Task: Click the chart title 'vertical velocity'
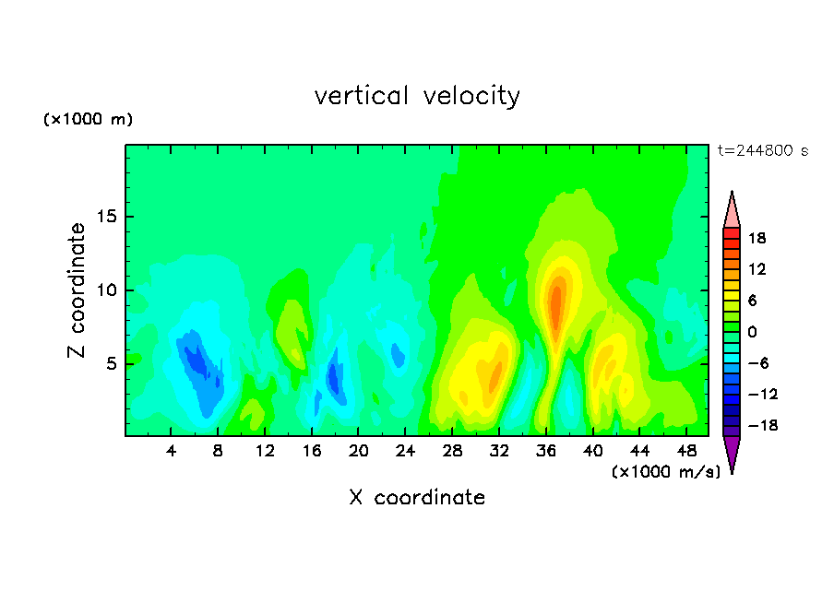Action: click(417, 96)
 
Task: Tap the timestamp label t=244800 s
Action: click(763, 150)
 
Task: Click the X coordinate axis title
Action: click(417, 497)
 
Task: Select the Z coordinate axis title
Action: click(77, 290)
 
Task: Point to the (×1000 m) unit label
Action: click(88, 119)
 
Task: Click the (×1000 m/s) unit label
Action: click(666, 471)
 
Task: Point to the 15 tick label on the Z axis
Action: click(107, 217)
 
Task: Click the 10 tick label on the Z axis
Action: click(107, 290)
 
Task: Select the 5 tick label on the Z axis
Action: click(112, 363)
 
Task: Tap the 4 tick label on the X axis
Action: click(171, 451)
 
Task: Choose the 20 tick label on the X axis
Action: click(358, 451)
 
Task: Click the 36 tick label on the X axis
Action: click(546, 451)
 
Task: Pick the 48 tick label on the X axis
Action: click(686, 451)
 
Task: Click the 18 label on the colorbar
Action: click(757, 238)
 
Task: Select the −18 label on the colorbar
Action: click(763, 425)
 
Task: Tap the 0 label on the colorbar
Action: click(752, 332)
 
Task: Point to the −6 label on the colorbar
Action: click(758, 363)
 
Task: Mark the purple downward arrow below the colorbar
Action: click(732, 452)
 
